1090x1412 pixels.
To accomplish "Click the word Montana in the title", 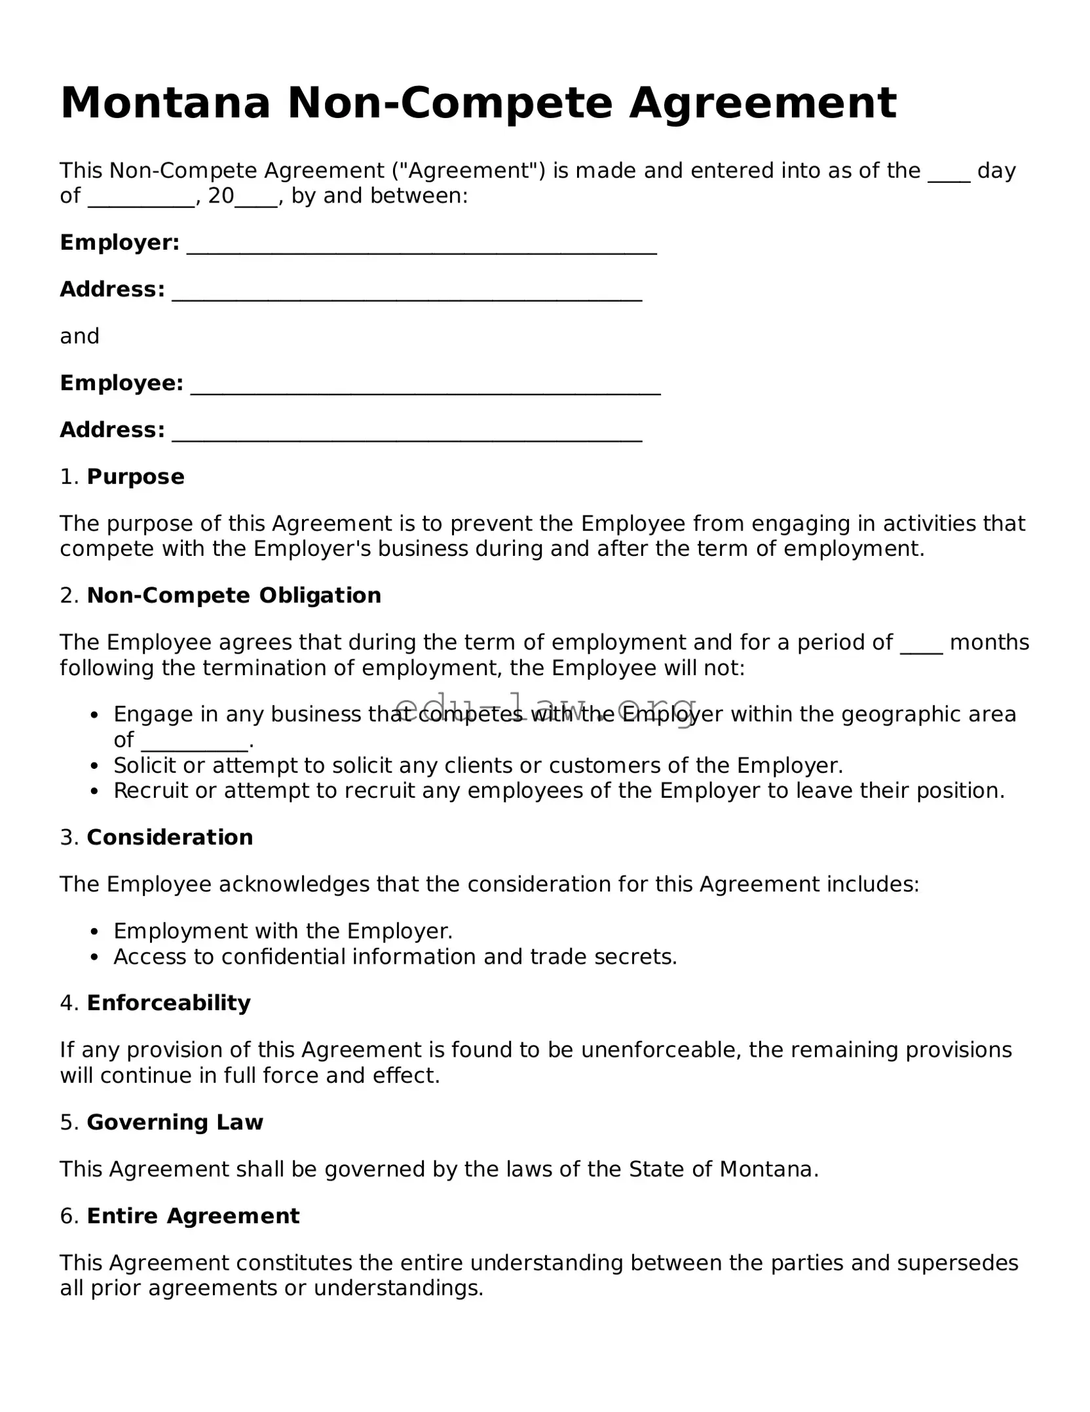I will point(165,104).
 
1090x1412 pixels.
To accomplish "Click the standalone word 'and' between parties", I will point(79,336).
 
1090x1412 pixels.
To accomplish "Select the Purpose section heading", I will point(135,477).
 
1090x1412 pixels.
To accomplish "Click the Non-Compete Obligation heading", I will point(233,595).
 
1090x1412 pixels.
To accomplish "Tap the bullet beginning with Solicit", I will point(478,765).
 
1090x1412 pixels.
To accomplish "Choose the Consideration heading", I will point(169,837).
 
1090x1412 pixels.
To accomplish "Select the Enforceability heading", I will point(168,1003).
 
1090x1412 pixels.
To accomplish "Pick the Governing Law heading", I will point(174,1122).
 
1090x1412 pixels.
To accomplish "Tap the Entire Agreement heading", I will point(193,1216).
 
